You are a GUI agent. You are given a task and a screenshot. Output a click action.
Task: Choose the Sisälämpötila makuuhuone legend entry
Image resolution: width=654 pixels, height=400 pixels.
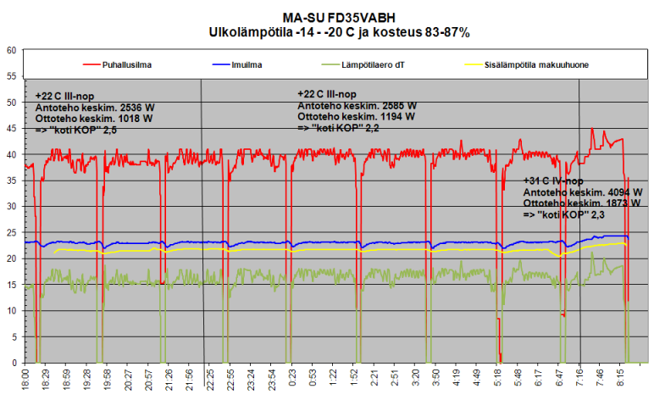coord(530,63)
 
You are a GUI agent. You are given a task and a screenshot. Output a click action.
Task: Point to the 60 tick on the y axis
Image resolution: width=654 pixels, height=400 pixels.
coord(12,50)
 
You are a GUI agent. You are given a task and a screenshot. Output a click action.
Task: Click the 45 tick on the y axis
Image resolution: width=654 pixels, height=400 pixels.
coord(12,128)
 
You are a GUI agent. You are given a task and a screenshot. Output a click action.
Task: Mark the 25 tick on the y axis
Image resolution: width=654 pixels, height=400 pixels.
coord(12,232)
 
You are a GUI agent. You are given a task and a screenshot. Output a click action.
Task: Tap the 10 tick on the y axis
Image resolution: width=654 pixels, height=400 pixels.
coord(12,310)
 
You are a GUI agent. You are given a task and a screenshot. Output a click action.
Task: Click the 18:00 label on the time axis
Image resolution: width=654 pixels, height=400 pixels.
coord(26,380)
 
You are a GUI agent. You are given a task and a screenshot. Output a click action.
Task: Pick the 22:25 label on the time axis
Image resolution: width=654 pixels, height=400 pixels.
coord(210,380)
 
